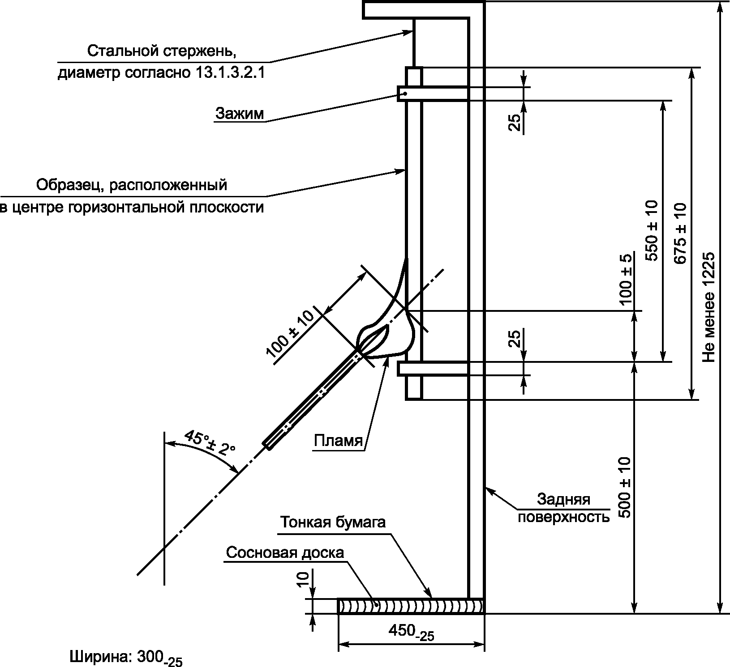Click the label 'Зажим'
pyautogui.click(x=240, y=113)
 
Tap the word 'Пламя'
pyautogui.click(x=338, y=441)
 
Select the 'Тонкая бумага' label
pyautogui.click(x=333, y=522)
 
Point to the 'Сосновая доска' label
pyautogui.click(x=285, y=552)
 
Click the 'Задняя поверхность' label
pyautogui.click(x=563, y=508)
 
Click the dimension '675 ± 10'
pyautogui.click(x=679, y=233)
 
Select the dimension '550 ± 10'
pyautogui.click(x=652, y=231)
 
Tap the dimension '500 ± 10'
pyautogui.click(x=624, y=487)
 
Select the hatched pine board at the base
pyautogui.click(x=411, y=606)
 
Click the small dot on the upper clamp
pyautogui.click(x=404, y=93)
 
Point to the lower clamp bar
pyautogui.click(x=433, y=369)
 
